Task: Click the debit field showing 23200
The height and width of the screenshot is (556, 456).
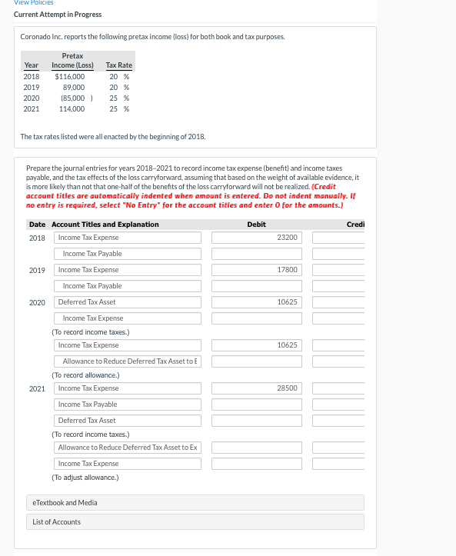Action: (257, 238)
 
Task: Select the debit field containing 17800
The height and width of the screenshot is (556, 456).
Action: (257, 270)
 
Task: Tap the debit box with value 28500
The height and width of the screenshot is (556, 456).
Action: (257, 388)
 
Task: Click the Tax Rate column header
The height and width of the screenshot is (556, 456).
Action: (118, 65)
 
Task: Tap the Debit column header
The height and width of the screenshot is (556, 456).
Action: (256, 224)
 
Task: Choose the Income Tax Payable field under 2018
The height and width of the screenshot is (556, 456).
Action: (128, 254)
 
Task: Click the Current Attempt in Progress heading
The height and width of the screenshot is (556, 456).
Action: (58, 14)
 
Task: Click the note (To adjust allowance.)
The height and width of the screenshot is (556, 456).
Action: (85, 478)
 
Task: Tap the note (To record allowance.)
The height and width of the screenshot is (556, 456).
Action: (86, 375)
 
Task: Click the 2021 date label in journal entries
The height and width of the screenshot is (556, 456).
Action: (37, 388)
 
